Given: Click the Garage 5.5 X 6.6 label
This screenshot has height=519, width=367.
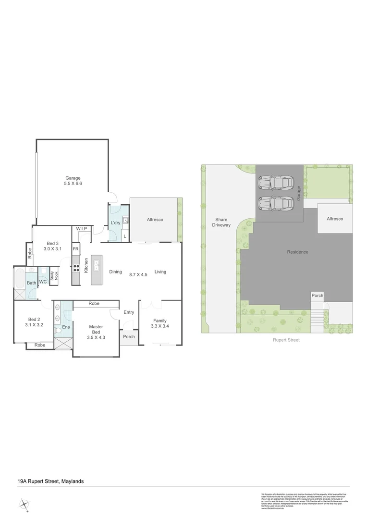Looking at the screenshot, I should (x=73, y=181).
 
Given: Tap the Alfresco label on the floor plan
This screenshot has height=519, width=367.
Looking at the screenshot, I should (x=155, y=220).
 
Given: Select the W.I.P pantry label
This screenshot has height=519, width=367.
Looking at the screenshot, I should (x=81, y=228).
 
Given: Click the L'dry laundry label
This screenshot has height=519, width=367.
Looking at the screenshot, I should (x=115, y=223).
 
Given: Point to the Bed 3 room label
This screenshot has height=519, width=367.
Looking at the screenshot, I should (x=53, y=246).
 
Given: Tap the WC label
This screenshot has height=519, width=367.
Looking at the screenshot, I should (x=43, y=282).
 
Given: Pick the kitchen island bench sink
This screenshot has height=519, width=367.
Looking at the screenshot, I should (x=97, y=265).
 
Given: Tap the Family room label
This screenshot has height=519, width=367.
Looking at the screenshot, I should (x=160, y=323).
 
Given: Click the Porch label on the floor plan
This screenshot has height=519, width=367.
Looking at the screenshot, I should (x=129, y=336).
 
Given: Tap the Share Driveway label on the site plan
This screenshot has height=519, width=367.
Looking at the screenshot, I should (x=221, y=222).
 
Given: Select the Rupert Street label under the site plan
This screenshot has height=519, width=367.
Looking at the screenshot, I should (x=286, y=340).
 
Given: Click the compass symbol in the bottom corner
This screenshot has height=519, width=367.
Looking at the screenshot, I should (x=24, y=505).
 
